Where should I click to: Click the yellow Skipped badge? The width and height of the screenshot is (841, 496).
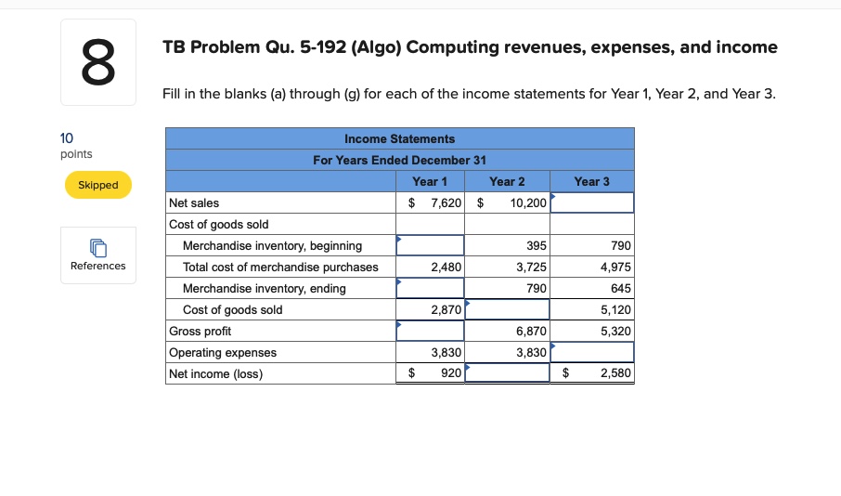pyautogui.click(x=97, y=185)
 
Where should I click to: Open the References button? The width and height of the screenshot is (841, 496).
pyautogui.click(x=97, y=255)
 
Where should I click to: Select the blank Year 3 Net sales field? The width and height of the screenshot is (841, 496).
pyautogui.click(x=592, y=202)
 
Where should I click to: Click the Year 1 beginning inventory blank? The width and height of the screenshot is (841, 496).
pyautogui.click(x=431, y=245)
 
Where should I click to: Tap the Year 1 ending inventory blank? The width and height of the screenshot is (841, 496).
pyautogui.click(x=431, y=288)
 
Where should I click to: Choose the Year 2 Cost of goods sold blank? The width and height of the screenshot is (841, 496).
pyautogui.click(x=508, y=309)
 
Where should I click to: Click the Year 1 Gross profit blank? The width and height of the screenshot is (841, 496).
pyautogui.click(x=431, y=331)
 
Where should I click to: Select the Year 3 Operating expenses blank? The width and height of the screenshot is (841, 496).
pyautogui.click(x=592, y=352)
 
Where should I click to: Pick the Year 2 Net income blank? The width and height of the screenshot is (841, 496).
pyautogui.click(x=508, y=373)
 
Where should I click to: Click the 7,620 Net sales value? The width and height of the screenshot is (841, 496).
pyautogui.click(x=445, y=202)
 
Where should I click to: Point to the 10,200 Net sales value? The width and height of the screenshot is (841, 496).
pyautogui.click(x=528, y=202)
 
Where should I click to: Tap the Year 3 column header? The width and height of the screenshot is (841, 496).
pyautogui.click(x=592, y=181)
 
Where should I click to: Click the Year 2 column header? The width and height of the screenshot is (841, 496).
pyautogui.click(x=508, y=181)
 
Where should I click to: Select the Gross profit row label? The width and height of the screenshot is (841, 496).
pyautogui.click(x=201, y=331)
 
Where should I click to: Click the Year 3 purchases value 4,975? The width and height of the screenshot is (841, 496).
pyautogui.click(x=615, y=267)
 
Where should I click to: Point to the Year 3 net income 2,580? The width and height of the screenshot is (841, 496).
pyautogui.click(x=615, y=373)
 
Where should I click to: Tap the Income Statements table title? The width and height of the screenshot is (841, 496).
pyautogui.click(x=399, y=138)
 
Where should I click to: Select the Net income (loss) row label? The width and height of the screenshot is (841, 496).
pyautogui.click(x=216, y=373)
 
